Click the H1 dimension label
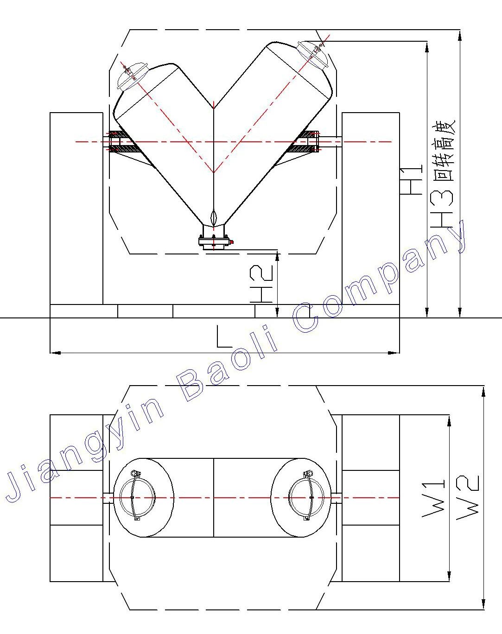coord(411,180)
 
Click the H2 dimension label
coord(261,284)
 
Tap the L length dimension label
coord(224,336)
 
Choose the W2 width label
coord(468,497)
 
